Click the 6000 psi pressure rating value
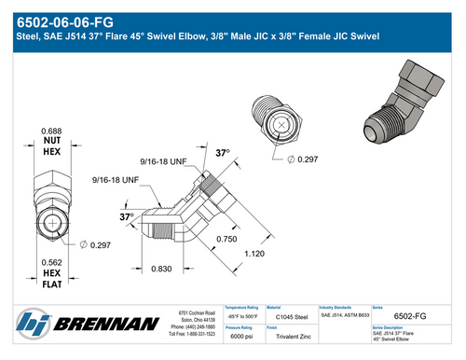tap(243, 337)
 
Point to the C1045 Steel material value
tap(286, 317)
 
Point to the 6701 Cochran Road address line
tap(198, 312)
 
